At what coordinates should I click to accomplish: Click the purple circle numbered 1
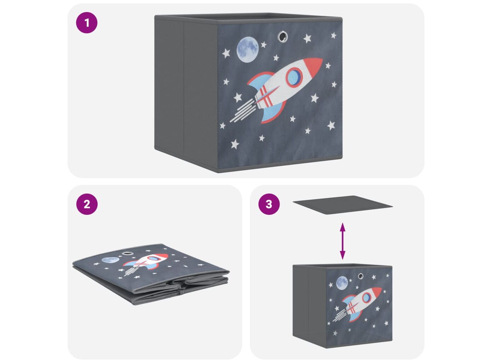pyautogui.click(x=87, y=23)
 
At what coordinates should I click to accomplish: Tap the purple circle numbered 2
pyautogui.click(x=87, y=204)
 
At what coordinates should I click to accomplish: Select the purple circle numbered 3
pyautogui.click(x=269, y=204)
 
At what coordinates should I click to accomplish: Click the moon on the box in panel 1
pyautogui.click(x=247, y=50)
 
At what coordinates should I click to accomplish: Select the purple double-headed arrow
pyautogui.click(x=342, y=241)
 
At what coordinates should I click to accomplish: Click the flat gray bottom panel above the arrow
pyautogui.click(x=342, y=205)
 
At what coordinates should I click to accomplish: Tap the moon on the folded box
pyautogui.click(x=110, y=260)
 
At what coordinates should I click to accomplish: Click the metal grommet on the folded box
pyautogui.click(x=127, y=253)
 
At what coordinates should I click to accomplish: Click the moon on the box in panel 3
pyautogui.click(x=342, y=283)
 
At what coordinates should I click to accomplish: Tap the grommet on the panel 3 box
pyautogui.click(x=361, y=276)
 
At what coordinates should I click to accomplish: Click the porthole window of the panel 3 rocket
pyautogui.click(x=367, y=297)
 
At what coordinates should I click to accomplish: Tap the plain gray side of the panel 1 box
pyautogui.click(x=186, y=93)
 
